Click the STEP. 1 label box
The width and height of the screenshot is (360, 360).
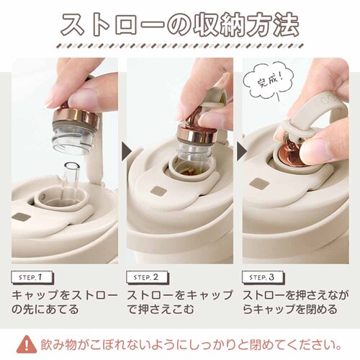[x=32, y=278]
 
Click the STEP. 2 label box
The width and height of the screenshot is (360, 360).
[x=148, y=278]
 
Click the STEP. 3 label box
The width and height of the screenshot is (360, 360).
[x=263, y=278]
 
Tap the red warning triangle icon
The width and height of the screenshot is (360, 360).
[x=27, y=345]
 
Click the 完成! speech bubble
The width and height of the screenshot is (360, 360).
[x=269, y=81]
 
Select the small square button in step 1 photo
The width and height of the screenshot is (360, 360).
[x=21, y=217]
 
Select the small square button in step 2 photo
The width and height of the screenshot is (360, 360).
[x=158, y=192]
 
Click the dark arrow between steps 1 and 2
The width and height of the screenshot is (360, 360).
[x=127, y=151]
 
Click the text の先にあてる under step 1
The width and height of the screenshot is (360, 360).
[x=45, y=309]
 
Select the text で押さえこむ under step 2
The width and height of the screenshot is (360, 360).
[x=161, y=309]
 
